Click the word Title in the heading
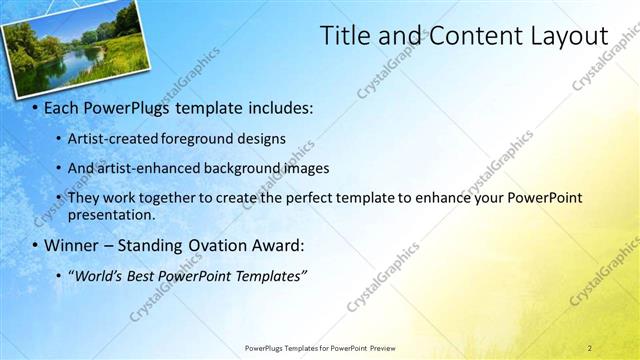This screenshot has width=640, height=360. click(x=342, y=36)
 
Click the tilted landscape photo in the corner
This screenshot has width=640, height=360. click(x=75, y=45)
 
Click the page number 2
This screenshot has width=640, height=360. click(x=589, y=348)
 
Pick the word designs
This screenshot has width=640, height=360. click(x=262, y=138)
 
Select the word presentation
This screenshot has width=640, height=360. click(x=110, y=214)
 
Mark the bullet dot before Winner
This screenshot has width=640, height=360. click(x=36, y=246)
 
